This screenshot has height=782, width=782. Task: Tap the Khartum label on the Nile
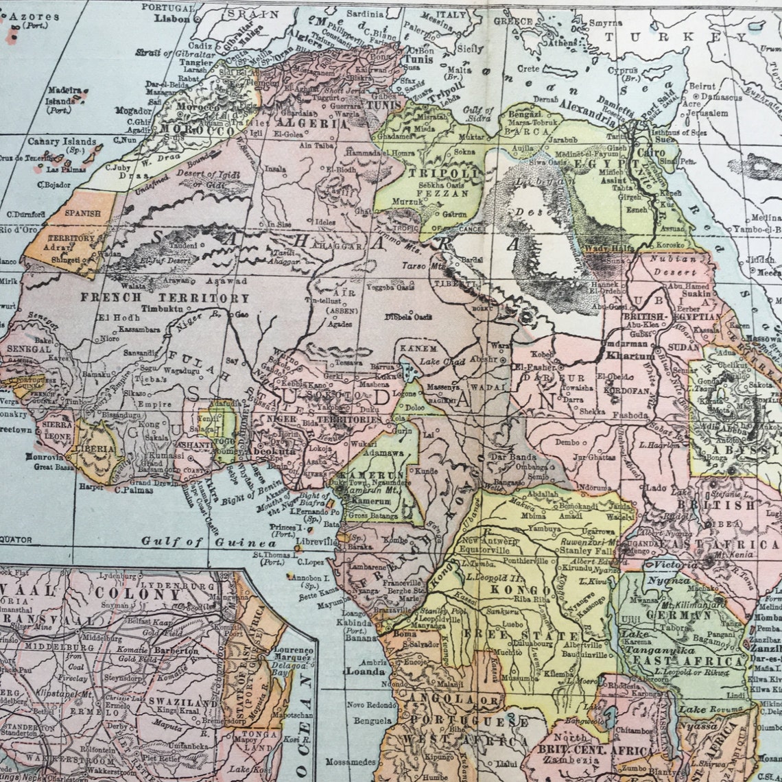630,357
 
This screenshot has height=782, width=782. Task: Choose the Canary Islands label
62,142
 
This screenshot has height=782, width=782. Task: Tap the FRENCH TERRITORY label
165,298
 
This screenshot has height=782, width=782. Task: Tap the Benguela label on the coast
368,721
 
